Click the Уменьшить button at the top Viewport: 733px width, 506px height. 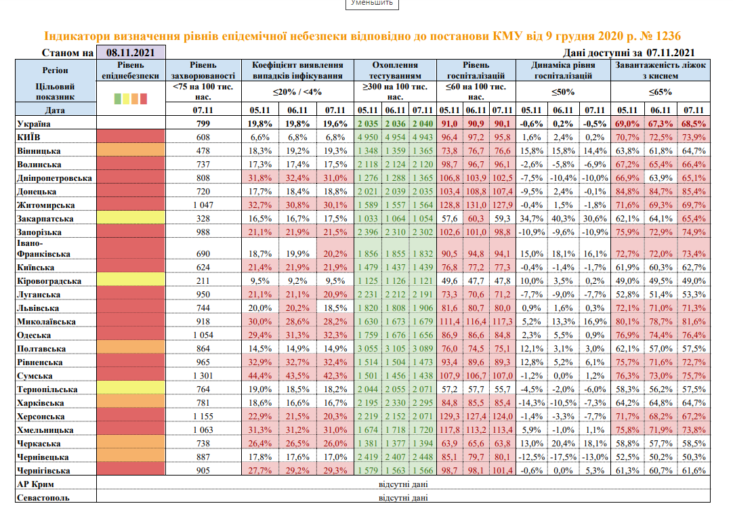372,3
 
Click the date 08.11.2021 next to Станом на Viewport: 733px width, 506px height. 130,53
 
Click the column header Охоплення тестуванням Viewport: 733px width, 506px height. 395,70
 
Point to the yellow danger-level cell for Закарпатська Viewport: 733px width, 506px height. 130,218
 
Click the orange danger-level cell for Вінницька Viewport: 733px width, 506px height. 130,150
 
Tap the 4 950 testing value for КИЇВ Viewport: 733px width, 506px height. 367,137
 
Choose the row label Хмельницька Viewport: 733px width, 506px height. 44,429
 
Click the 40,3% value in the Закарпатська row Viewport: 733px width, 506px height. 562,218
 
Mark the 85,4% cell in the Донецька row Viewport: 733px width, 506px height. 693,191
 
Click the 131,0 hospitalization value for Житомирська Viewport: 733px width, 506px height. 477,205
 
